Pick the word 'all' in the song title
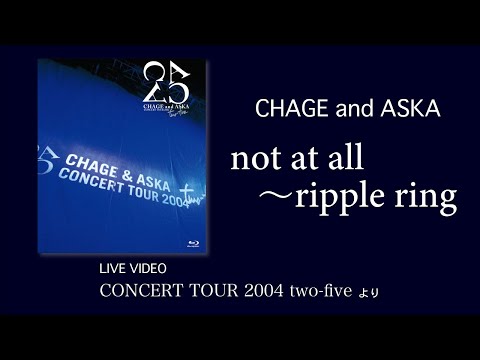[355, 157]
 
